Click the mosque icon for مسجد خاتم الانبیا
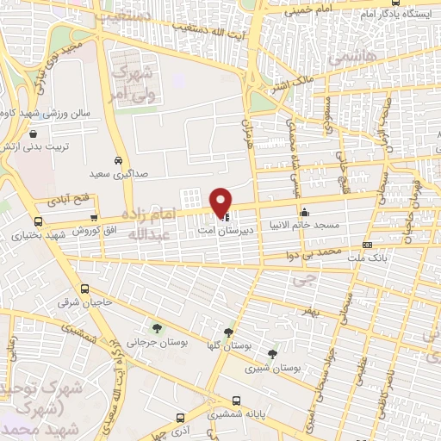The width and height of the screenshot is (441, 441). click(304, 213)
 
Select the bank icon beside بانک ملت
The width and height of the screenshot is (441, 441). click(368, 245)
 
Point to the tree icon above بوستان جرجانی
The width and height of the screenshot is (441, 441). click(157, 327)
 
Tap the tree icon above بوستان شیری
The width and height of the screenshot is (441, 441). click(272, 353)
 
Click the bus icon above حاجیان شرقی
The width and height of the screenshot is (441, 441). click(84, 289)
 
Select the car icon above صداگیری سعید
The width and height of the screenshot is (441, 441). click(118, 160)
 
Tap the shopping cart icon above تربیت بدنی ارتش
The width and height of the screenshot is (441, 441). click(32, 134)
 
